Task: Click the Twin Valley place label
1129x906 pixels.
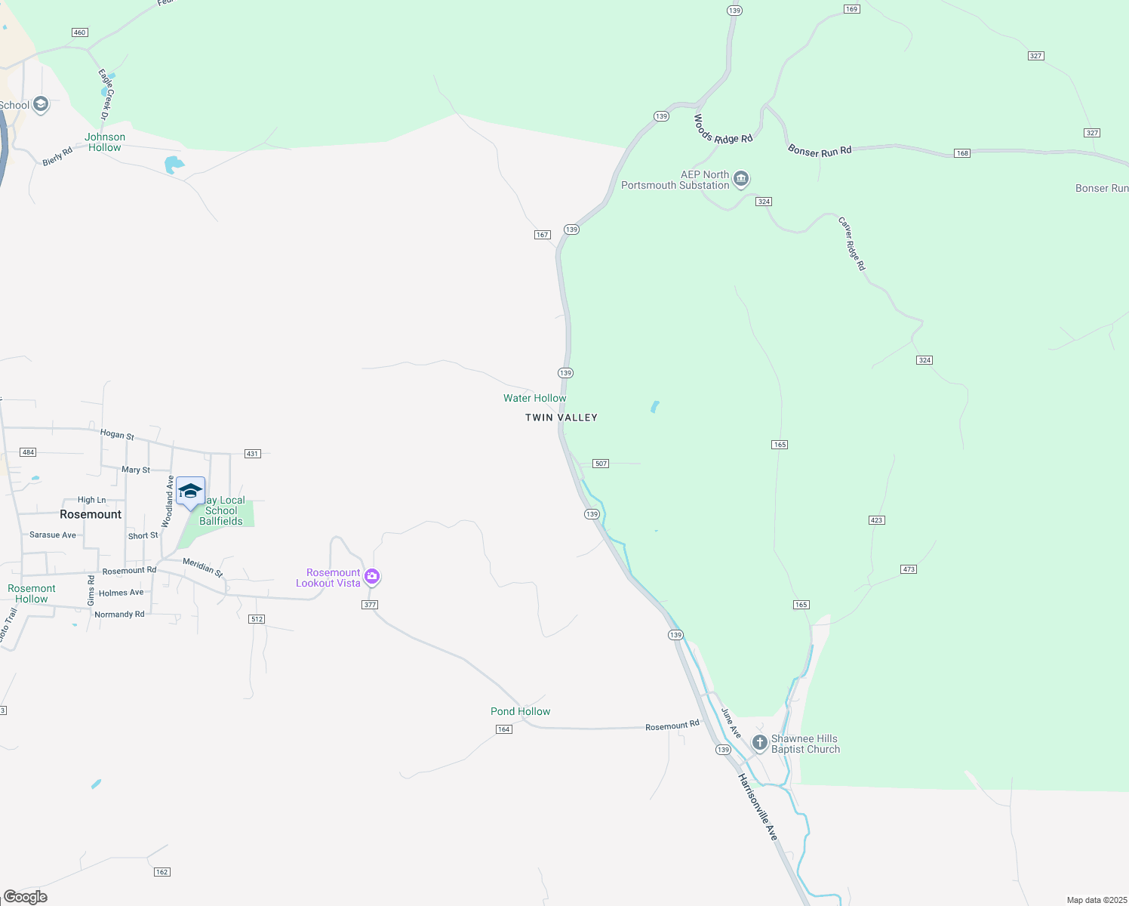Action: [x=561, y=418]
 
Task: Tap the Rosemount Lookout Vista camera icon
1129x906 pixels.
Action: [x=372, y=578]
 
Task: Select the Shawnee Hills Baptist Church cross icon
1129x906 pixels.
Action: [x=760, y=743]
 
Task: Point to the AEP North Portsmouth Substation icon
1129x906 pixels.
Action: [x=741, y=179]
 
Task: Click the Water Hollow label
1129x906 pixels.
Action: [x=534, y=398]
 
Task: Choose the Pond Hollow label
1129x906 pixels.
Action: [x=520, y=711]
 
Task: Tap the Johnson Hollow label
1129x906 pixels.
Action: [x=105, y=142]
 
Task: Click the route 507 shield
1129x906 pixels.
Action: [x=601, y=464]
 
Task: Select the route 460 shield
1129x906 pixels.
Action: [x=80, y=32]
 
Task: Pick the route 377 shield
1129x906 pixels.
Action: [x=369, y=605]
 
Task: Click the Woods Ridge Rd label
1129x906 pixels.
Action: [x=722, y=130]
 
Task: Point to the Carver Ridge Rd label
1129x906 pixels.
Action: [x=852, y=244]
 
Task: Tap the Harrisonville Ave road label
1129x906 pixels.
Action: [x=758, y=807]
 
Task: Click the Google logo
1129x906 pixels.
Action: [x=26, y=897]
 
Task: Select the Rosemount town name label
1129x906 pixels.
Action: [x=91, y=514]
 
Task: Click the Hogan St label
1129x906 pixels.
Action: [x=117, y=434]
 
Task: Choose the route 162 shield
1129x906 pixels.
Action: [x=162, y=872]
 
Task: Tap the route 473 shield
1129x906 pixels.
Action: [x=909, y=569]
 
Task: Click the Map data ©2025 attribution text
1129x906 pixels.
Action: [x=1097, y=900]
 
